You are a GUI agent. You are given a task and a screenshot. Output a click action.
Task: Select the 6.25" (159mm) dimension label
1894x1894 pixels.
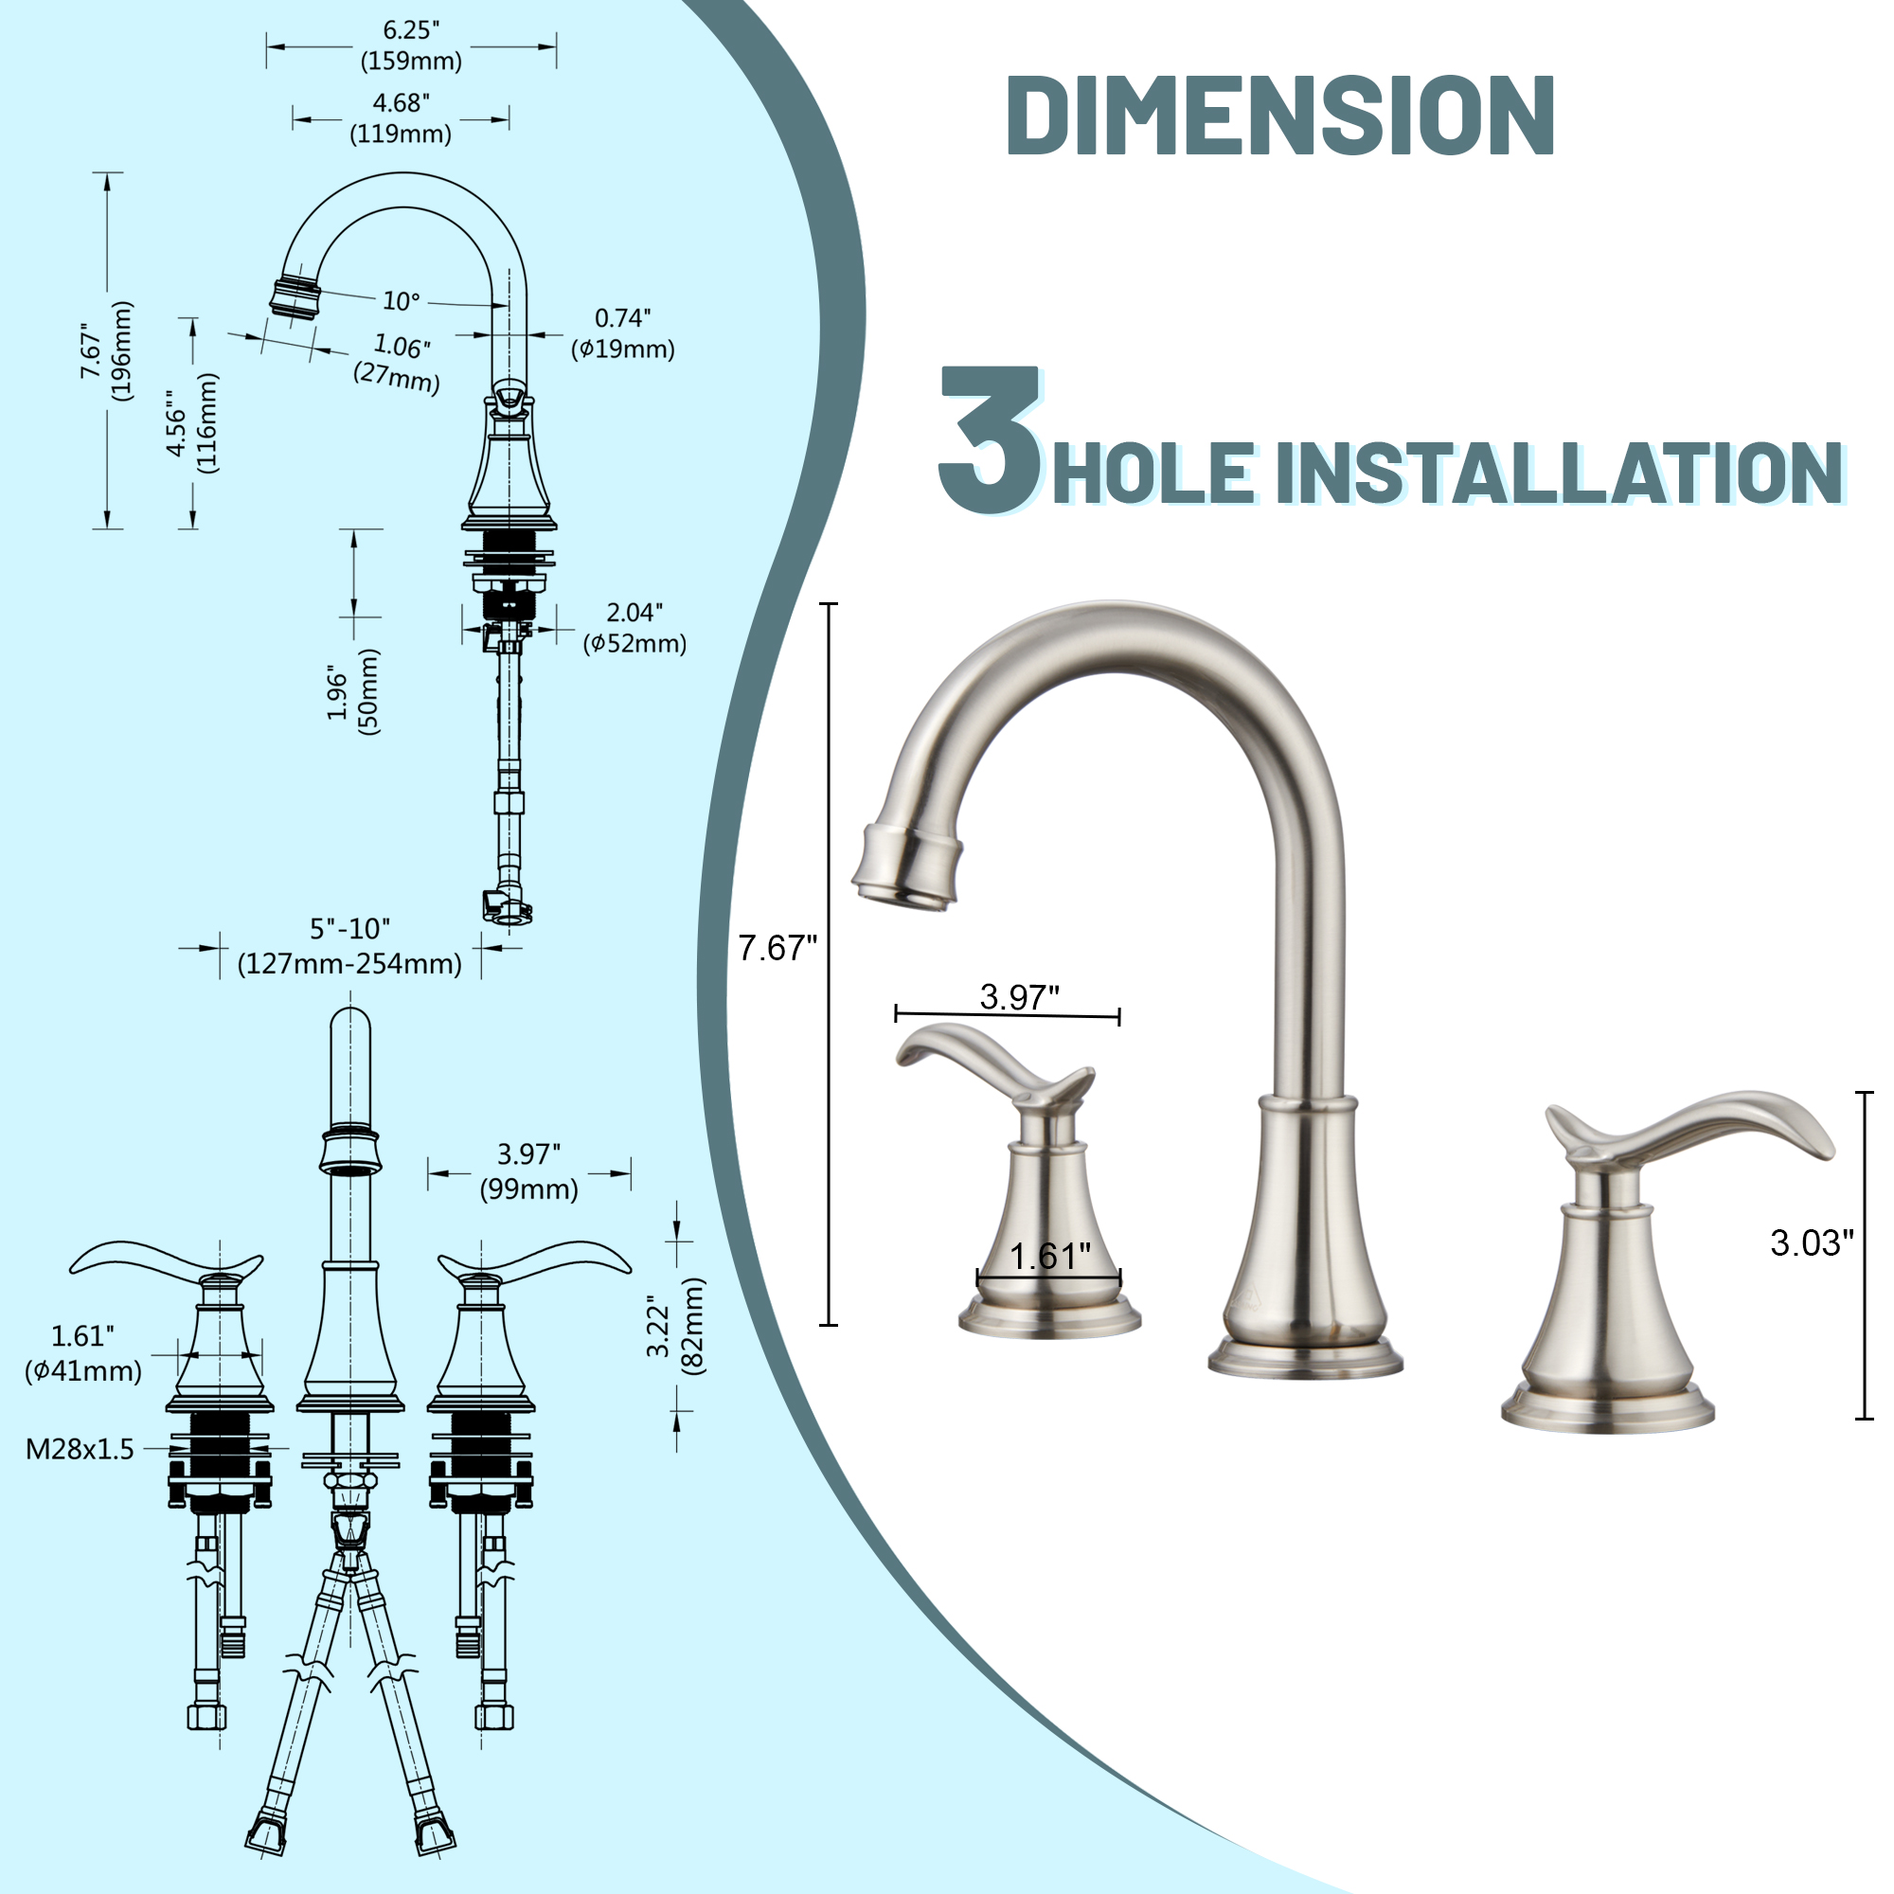pos(411,46)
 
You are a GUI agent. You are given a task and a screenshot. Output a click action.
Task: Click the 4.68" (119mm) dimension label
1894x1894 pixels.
pos(400,117)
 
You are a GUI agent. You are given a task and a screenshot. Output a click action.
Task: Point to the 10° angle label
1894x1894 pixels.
pos(400,301)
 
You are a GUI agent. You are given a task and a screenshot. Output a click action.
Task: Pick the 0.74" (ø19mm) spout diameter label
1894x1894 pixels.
pos(622,333)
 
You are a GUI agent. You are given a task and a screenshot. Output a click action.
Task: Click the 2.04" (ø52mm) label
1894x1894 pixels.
pos(634,628)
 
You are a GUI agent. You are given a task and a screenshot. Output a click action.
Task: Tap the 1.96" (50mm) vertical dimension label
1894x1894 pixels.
pos(353,691)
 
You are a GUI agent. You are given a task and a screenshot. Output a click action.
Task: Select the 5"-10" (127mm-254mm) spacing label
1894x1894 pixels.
pos(350,946)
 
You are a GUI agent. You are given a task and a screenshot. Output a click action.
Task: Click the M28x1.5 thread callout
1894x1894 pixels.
pos(80,1449)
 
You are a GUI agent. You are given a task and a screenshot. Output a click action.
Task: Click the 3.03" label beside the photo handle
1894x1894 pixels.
pos(1812,1243)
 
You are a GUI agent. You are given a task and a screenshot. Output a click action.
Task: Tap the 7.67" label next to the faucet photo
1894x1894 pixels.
pos(777,948)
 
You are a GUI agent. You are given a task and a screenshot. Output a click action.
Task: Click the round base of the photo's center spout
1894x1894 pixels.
pos(1305,1360)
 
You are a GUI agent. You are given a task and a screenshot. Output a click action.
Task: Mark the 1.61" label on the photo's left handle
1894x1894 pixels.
pos(1049,1257)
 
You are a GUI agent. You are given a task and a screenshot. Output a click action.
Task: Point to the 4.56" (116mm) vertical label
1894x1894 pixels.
pos(191,423)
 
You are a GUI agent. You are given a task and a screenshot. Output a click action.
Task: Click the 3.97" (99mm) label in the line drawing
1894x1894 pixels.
pos(528,1170)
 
